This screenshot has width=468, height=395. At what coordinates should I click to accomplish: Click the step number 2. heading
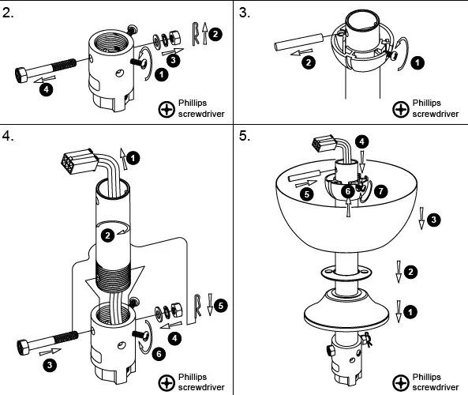click(x=8, y=13)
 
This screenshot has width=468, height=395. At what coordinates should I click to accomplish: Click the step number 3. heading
click(x=245, y=13)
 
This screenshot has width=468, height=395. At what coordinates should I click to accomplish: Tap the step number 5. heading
click(x=245, y=136)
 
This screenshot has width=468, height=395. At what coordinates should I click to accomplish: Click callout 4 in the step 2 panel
click(x=47, y=89)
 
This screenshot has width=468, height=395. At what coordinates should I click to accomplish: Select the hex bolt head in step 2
click(x=21, y=75)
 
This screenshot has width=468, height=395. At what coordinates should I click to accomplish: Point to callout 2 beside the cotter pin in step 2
click(x=215, y=34)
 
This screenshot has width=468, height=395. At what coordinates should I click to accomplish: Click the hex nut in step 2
click(x=174, y=38)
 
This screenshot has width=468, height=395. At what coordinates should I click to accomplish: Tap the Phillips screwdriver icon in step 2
click(x=167, y=110)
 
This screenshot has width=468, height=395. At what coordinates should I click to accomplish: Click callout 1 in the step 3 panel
click(x=417, y=62)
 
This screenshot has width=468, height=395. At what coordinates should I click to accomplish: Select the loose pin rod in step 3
click(x=298, y=43)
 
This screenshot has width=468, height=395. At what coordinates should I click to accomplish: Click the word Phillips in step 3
click(x=426, y=103)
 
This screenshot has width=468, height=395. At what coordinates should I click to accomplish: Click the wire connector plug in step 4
click(x=80, y=161)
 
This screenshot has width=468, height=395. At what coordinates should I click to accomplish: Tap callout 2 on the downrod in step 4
click(x=107, y=235)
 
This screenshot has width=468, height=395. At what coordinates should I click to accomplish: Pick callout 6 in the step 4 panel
click(x=159, y=354)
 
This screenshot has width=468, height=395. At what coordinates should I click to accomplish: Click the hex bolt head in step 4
click(x=23, y=348)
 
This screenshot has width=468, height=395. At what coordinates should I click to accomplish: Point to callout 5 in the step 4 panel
click(x=220, y=306)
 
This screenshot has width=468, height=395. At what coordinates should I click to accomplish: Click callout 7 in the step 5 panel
click(x=380, y=191)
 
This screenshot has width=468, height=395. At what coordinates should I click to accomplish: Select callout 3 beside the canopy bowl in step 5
click(x=433, y=220)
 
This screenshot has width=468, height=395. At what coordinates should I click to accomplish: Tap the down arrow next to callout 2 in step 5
click(x=399, y=272)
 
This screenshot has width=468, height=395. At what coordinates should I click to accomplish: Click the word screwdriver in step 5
click(x=436, y=387)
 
